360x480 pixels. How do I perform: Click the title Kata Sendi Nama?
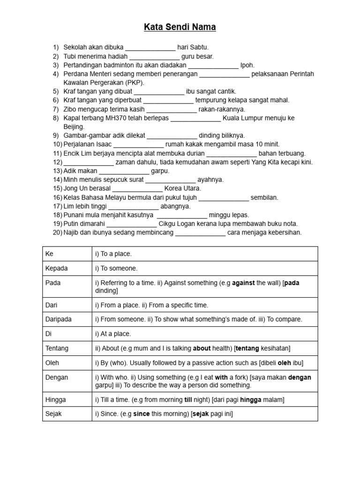(x=180, y=28)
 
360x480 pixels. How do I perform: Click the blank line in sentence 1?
(x=150, y=48)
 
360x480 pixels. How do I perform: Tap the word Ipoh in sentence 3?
(x=247, y=65)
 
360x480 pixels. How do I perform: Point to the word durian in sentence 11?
(x=195, y=153)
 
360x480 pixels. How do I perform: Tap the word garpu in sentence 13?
(x=160, y=171)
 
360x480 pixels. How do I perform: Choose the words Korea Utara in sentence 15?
(x=183, y=188)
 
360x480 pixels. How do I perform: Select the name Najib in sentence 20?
(x=72, y=232)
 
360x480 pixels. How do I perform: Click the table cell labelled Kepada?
(x=67, y=269)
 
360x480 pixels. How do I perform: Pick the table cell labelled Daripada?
(x=67, y=319)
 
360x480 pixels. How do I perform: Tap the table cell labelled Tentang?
(x=67, y=348)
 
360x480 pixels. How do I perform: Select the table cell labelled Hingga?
(x=67, y=400)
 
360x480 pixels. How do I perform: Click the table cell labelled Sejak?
(x=67, y=414)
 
